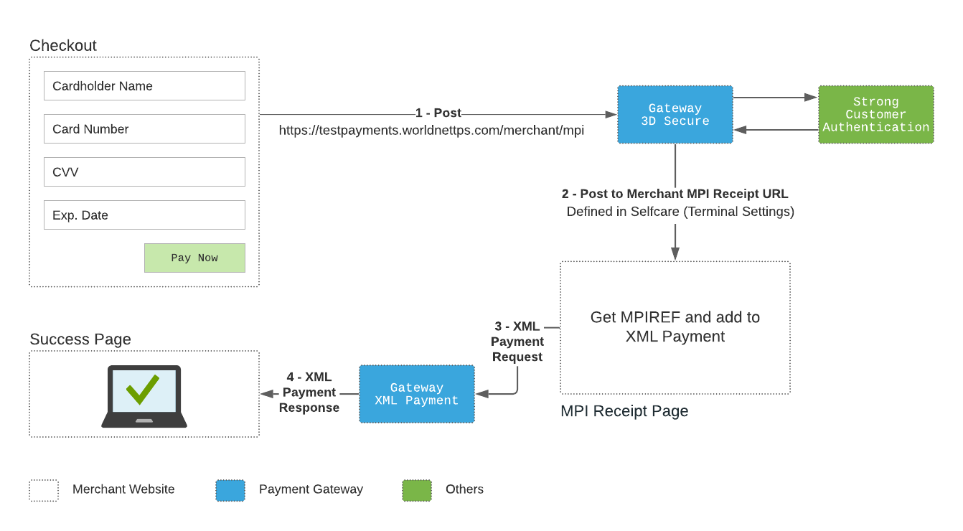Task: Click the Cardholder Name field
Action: [x=144, y=86]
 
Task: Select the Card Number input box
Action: [x=144, y=129]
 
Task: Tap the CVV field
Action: [x=144, y=172]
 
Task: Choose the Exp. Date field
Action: [x=144, y=215]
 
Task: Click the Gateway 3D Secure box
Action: [x=675, y=114]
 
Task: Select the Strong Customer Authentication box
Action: [x=875, y=114]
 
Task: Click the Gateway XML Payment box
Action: [x=417, y=394]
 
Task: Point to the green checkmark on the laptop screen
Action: [x=143, y=389]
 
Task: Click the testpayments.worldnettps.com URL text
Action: [x=431, y=131]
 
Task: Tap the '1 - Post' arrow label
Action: [x=438, y=113]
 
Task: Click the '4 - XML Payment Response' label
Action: [x=309, y=392]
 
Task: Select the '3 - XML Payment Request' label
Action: [x=517, y=342]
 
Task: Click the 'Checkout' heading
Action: [x=62, y=46]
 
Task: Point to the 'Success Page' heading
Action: [x=80, y=339]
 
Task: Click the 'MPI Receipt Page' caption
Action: [x=624, y=411]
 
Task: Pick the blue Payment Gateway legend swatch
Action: [x=230, y=491]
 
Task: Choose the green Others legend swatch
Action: [x=417, y=491]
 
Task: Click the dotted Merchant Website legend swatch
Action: [x=44, y=491]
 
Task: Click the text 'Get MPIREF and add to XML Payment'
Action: [x=675, y=326]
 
